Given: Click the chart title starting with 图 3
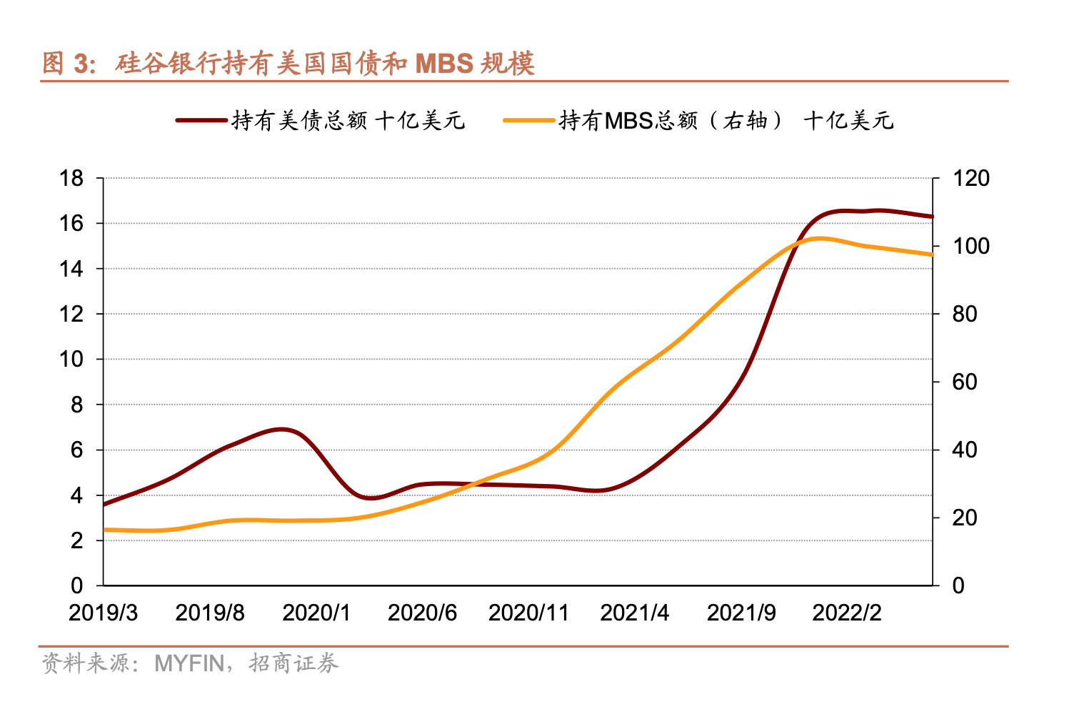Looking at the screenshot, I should tap(288, 64).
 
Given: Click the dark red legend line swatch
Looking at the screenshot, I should tap(201, 120).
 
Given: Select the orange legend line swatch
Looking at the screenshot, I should tap(529, 120).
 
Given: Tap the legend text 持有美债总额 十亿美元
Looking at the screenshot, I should tap(348, 120).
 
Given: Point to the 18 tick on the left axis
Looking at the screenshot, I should tap(72, 178).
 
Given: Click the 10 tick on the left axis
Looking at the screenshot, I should tap(72, 359).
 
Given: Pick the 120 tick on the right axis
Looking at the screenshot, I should tap(971, 178).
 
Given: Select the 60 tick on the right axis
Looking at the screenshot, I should tap(965, 382).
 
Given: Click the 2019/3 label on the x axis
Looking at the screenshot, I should tap(104, 613).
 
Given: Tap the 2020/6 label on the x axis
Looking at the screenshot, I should tap(422, 613).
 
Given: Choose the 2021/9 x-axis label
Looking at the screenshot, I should tap(741, 613).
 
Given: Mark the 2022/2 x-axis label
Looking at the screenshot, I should tap(847, 613).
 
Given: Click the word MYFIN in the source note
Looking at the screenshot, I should tap(189, 663).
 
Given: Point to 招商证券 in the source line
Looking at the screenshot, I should tap(293, 663).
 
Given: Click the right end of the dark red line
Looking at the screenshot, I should tap(932, 216).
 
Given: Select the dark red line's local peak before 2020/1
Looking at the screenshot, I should tap(283, 430).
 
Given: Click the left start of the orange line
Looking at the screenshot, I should tap(106, 530).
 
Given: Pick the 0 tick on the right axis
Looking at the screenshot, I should tap(958, 585).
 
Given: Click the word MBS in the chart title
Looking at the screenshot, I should tap(444, 64).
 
